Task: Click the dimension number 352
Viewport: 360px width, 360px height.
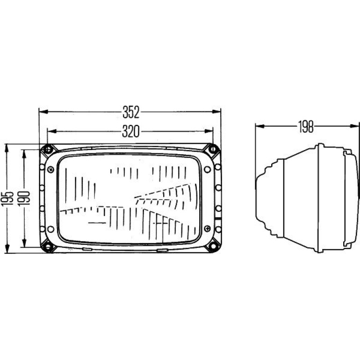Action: tap(131, 112)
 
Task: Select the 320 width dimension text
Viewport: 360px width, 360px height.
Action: tap(130, 131)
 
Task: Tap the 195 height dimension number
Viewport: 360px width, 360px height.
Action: tap(7, 199)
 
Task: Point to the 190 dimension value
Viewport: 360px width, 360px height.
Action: tap(24, 198)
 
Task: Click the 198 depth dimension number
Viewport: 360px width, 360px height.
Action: tap(306, 127)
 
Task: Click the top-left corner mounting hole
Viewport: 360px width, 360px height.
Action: tap(48, 150)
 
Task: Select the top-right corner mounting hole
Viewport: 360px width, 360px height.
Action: tap(213, 149)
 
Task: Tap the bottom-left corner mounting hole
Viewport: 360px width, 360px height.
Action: tap(48, 247)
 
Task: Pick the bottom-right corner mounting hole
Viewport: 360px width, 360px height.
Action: tap(213, 246)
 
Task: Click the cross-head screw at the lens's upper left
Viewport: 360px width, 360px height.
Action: tap(50, 170)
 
